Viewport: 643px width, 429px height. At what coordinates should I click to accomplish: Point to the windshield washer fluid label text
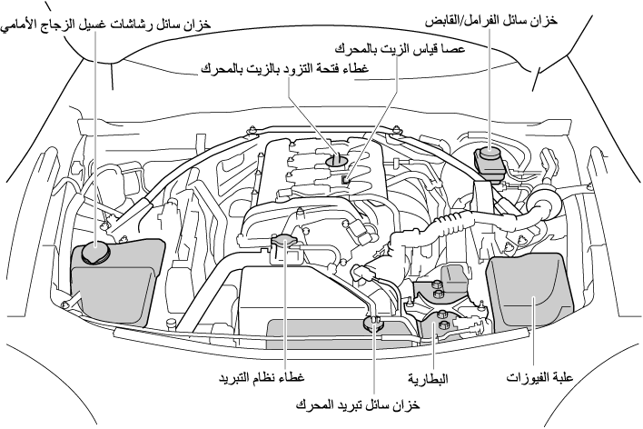pos(107,25)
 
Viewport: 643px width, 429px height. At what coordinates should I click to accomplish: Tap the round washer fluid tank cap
pos(94,252)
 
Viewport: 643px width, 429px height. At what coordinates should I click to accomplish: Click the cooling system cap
pos(287,242)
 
